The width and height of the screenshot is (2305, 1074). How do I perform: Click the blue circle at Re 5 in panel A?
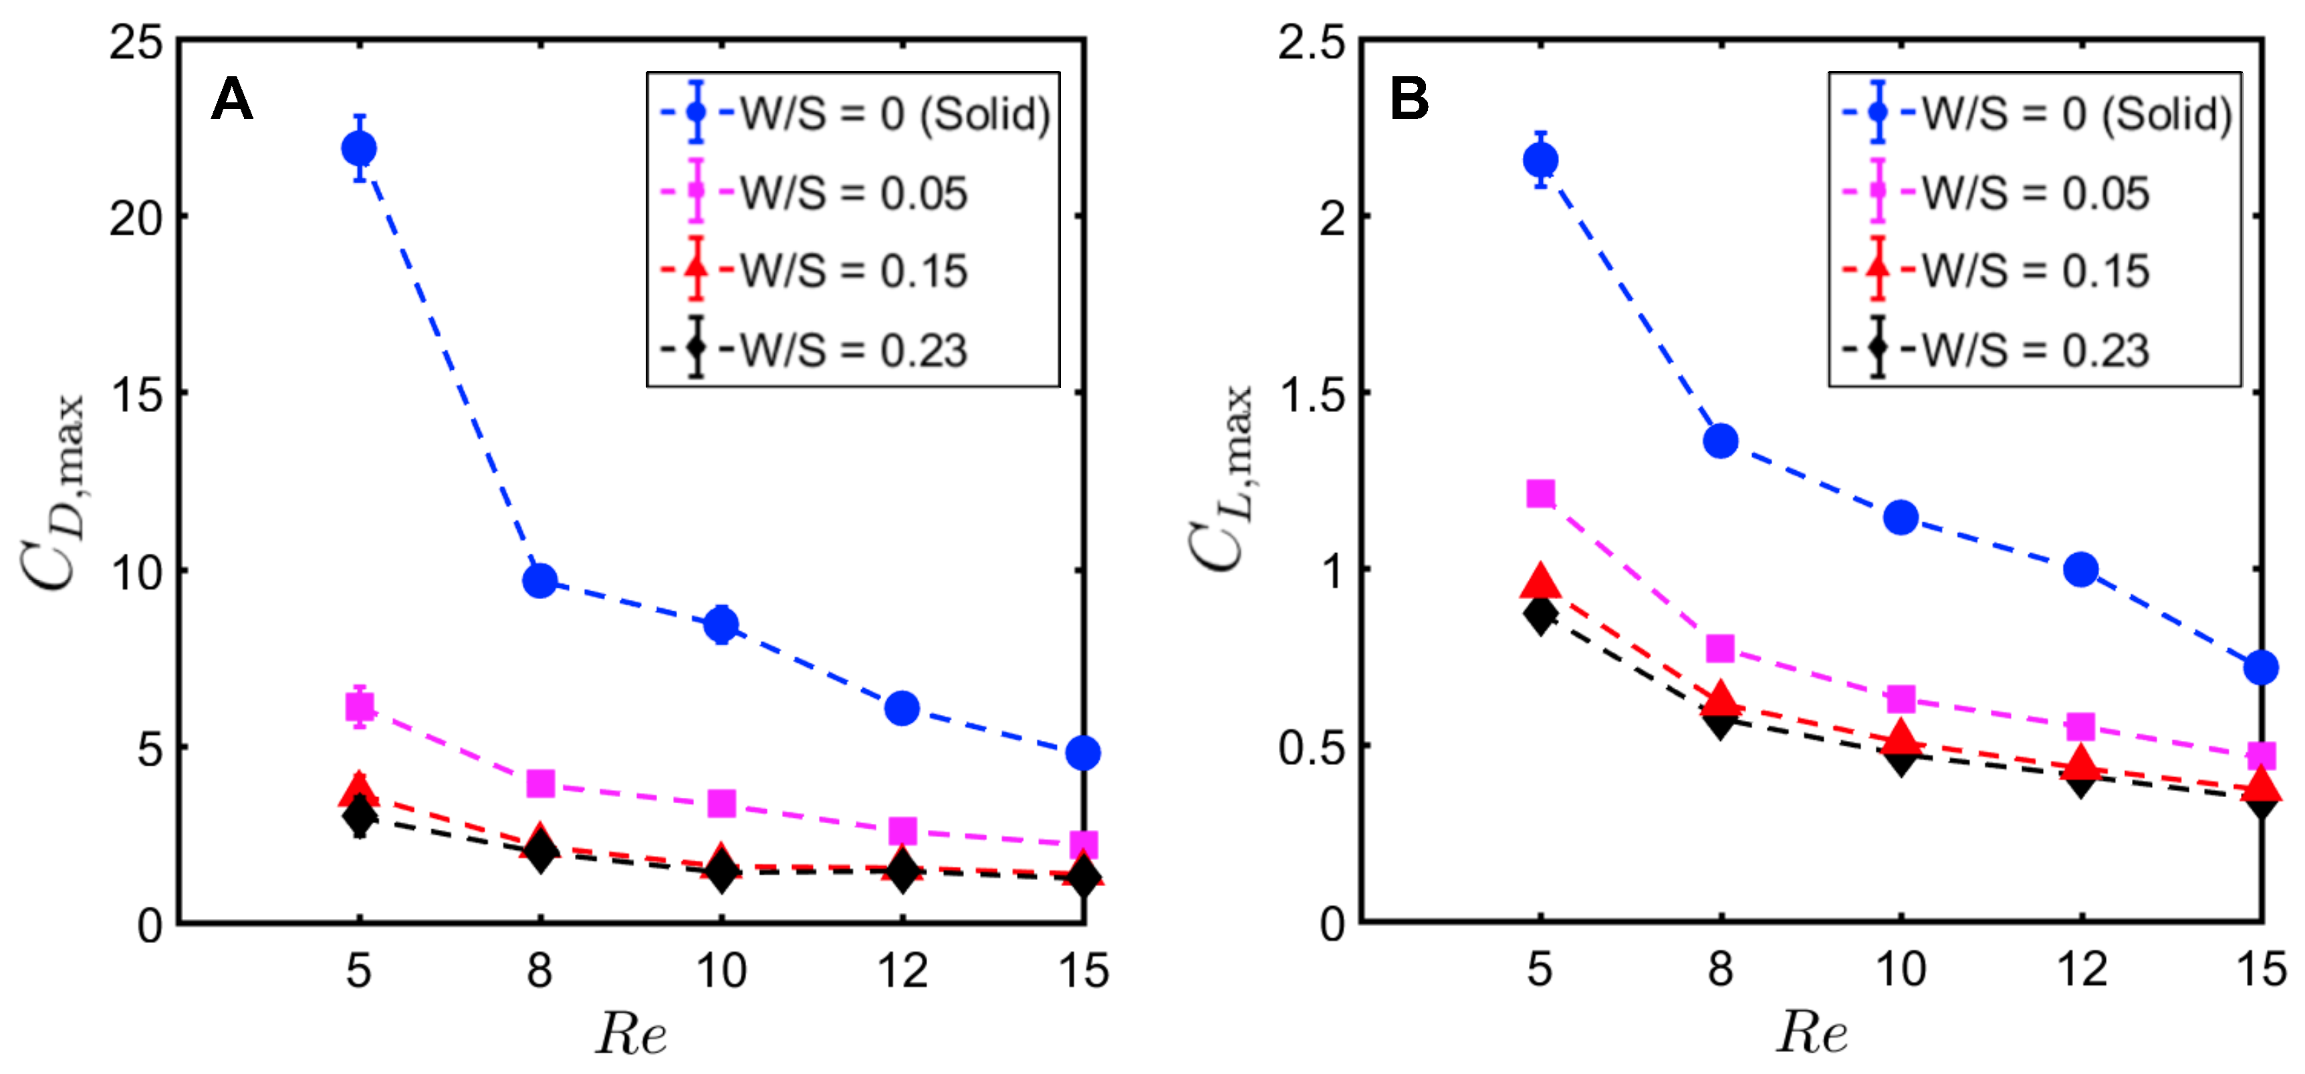(359, 148)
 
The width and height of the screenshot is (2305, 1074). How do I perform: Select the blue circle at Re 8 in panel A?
(539, 581)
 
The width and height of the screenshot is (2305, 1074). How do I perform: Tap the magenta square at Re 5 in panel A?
(359, 707)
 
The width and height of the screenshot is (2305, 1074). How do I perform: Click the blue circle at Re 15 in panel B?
(2260, 667)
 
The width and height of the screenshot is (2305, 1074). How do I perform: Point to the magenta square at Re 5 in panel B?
(1540, 493)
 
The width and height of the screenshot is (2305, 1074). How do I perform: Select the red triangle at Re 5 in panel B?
(1540, 582)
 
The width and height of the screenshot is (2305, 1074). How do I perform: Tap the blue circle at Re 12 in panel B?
(2080, 569)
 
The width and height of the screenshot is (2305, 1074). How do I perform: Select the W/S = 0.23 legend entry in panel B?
(2035, 350)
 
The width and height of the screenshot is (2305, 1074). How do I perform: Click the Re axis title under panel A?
(631, 1034)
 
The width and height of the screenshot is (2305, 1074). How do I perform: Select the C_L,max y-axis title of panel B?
(1221, 479)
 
